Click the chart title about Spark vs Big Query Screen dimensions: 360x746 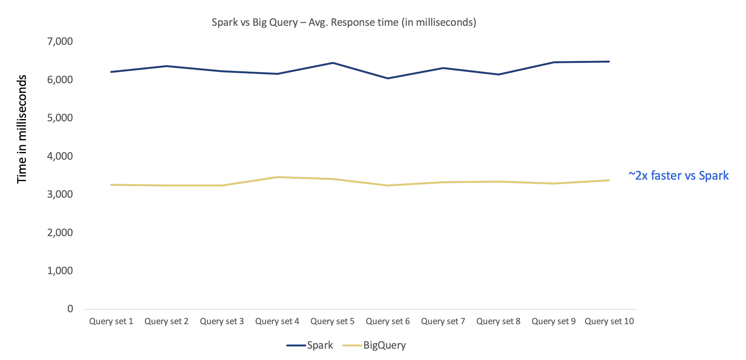tap(344, 22)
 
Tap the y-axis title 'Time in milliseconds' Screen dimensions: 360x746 tap(22, 129)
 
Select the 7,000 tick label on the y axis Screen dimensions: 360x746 tap(60, 41)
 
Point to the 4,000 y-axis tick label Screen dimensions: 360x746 tap(60, 156)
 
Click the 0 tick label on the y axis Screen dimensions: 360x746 tap(70, 309)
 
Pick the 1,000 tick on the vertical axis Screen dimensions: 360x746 tap(60, 271)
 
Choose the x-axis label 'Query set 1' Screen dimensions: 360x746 tap(111, 321)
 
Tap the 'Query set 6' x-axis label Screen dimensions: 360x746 tap(388, 321)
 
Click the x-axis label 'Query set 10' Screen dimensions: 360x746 tap(609, 321)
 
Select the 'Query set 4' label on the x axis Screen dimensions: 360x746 tap(277, 321)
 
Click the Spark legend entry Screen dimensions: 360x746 tap(309, 345)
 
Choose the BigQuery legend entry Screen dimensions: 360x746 tap(374, 345)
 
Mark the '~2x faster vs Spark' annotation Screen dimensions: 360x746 tap(678, 175)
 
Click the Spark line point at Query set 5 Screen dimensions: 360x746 tap(333, 63)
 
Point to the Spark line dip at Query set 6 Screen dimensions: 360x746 tap(388, 78)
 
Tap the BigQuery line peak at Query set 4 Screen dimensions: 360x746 tap(277, 177)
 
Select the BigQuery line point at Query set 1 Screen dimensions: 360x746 tap(111, 185)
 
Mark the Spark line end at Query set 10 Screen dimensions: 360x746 tap(609, 62)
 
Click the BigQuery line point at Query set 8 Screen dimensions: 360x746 tap(498, 182)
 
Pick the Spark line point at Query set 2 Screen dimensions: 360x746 tap(166, 66)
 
